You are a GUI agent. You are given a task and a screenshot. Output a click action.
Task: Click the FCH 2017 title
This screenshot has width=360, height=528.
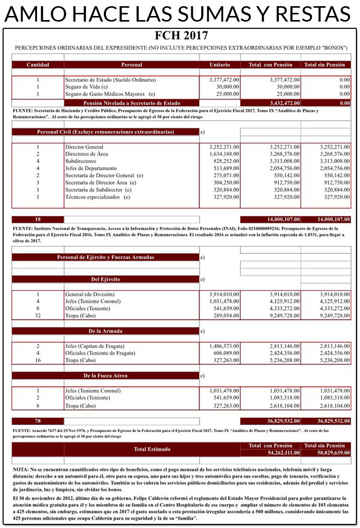coord(181,36)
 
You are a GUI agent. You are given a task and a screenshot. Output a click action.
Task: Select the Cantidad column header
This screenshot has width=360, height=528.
coord(38,65)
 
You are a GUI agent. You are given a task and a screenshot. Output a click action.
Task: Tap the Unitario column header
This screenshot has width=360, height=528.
coord(220,65)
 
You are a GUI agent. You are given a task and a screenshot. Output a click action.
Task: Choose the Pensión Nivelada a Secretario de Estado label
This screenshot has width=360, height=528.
coord(132,103)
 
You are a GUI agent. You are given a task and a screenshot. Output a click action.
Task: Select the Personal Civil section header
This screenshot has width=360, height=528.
coord(105,132)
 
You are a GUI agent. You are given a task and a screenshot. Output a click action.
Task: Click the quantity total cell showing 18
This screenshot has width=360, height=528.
coord(38,219)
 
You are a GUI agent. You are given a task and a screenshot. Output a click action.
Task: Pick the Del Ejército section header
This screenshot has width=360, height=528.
coord(105,279)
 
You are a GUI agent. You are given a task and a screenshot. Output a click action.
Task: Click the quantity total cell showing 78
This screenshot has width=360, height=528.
coord(38,421)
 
